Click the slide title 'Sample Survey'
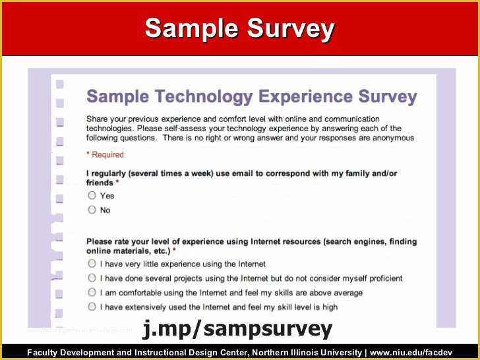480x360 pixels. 240,28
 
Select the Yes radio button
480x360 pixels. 92,196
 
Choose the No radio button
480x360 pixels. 92,210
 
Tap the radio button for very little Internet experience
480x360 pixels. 92,264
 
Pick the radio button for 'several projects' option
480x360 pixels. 92,278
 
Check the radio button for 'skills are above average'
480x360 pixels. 92,293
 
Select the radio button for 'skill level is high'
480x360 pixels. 92,307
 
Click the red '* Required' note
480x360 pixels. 105,155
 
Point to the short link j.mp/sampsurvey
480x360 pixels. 237,328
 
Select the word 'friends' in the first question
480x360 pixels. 100,183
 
